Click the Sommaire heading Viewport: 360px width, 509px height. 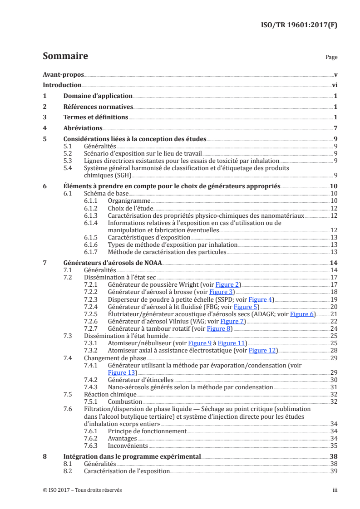point(65,56)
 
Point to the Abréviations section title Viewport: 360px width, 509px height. point(83,128)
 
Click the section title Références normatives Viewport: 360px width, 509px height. point(98,107)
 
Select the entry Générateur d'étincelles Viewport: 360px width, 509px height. point(141,380)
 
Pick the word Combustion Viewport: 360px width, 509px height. point(125,401)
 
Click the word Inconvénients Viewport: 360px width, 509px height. point(128,445)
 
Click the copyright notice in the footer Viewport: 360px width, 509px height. point(82,490)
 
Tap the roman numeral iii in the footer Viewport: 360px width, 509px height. point(335,490)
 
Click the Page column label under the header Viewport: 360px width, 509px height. point(331,57)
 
